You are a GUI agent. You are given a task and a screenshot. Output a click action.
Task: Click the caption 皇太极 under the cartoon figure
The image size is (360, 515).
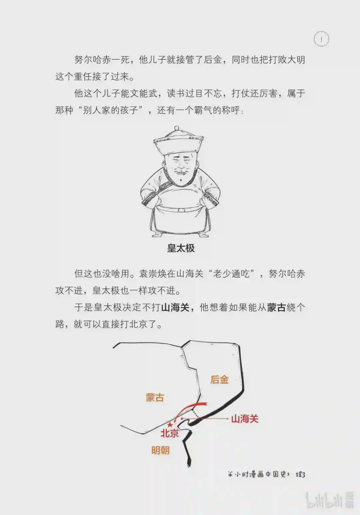[x=181, y=248]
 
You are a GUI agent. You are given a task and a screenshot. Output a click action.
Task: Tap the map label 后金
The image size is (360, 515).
[x=220, y=380]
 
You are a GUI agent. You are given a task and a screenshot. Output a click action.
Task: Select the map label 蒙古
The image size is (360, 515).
[x=155, y=398]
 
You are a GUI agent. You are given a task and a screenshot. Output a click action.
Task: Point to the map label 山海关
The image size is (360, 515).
[x=245, y=419]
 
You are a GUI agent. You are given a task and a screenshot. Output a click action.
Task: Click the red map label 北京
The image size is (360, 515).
[x=170, y=433]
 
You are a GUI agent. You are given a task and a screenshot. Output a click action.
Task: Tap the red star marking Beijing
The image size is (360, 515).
[x=170, y=424]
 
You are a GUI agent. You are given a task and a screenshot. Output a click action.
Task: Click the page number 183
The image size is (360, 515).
[x=300, y=475]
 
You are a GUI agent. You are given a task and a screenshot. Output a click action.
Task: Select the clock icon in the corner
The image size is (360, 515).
[x=321, y=39]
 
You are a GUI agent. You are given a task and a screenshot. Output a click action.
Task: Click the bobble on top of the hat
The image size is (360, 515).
[x=177, y=128]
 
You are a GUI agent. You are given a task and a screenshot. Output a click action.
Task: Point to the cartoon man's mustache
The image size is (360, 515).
[x=181, y=172]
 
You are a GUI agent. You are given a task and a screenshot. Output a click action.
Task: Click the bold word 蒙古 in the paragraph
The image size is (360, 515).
[x=276, y=307]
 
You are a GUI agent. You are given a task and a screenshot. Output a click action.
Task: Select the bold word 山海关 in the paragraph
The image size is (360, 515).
[x=175, y=307]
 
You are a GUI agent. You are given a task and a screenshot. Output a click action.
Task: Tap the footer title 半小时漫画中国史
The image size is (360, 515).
[x=259, y=474]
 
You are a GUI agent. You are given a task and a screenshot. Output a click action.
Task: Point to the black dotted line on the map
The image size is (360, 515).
[x=196, y=413]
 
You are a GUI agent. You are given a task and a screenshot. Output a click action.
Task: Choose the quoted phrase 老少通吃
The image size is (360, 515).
[x=231, y=274]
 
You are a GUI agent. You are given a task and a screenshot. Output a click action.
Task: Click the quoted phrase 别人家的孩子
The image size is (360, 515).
[x=110, y=110]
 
